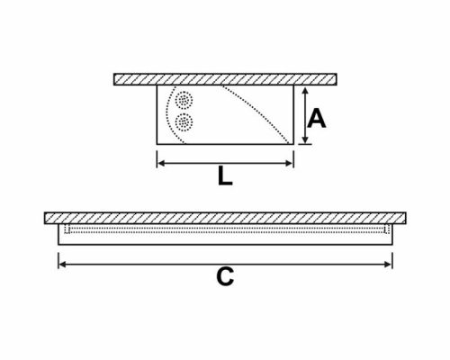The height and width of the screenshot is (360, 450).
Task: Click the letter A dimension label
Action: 317,119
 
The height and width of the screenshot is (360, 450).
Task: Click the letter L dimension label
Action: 225,175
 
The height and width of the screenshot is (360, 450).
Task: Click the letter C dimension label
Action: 225,276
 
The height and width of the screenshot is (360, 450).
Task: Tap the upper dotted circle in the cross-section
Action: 184,100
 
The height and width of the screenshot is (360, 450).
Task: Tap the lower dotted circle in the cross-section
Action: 184,122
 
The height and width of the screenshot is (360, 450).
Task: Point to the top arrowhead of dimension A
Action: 305,90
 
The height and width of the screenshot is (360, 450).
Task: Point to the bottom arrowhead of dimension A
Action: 305,140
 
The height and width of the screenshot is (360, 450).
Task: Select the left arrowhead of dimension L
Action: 161,163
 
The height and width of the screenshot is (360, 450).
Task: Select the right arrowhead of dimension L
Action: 289,163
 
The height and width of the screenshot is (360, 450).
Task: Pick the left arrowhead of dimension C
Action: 62,265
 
